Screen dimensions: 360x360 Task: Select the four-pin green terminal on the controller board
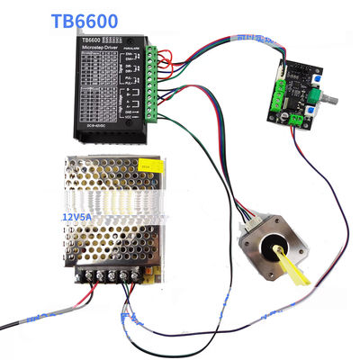[277, 87]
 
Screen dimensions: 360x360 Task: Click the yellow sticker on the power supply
[148, 166]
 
